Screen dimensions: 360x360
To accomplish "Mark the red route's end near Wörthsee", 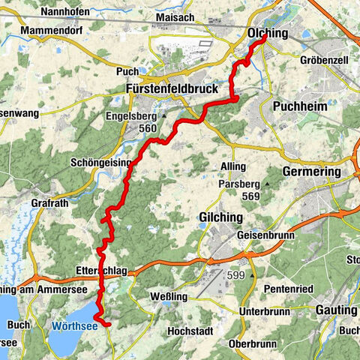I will click(109, 325).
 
